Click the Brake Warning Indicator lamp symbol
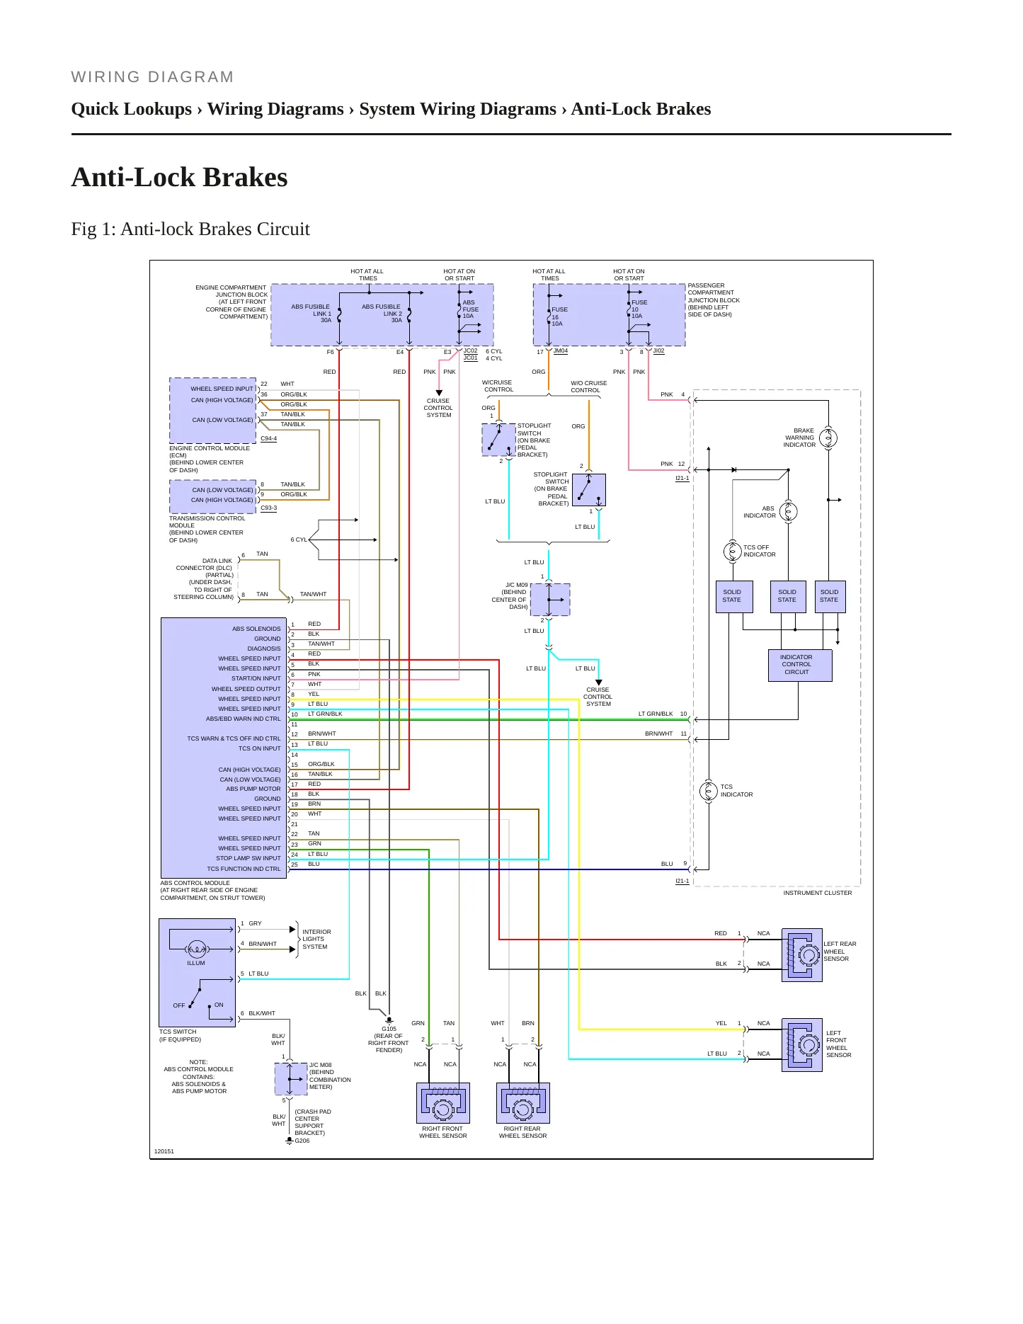click(828, 438)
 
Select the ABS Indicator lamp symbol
click(788, 511)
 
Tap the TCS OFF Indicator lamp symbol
click(733, 550)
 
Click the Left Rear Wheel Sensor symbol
click(802, 955)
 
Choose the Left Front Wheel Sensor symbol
click(802, 1045)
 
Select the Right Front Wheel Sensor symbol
click(443, 1103)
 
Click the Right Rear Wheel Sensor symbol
click(523, 1103)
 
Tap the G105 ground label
click(389, 1029)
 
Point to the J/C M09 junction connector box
click(550, 600)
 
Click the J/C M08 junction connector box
click(291, 1079)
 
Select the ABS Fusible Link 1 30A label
click(312, 313)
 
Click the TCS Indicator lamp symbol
click(709, 791)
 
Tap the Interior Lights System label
click(316, 939)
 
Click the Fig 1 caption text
click(190, 229)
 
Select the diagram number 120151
click(164, 1151)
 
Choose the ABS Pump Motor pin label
click(253, 789)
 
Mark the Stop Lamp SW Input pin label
click(248, 858)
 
